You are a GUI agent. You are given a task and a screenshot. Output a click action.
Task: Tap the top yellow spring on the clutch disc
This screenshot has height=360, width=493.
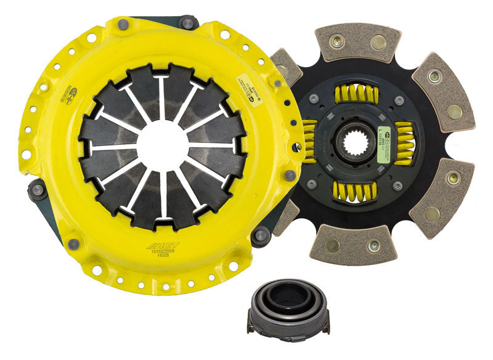356,94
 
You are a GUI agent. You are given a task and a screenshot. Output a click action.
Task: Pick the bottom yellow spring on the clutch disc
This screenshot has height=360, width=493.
356,192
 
